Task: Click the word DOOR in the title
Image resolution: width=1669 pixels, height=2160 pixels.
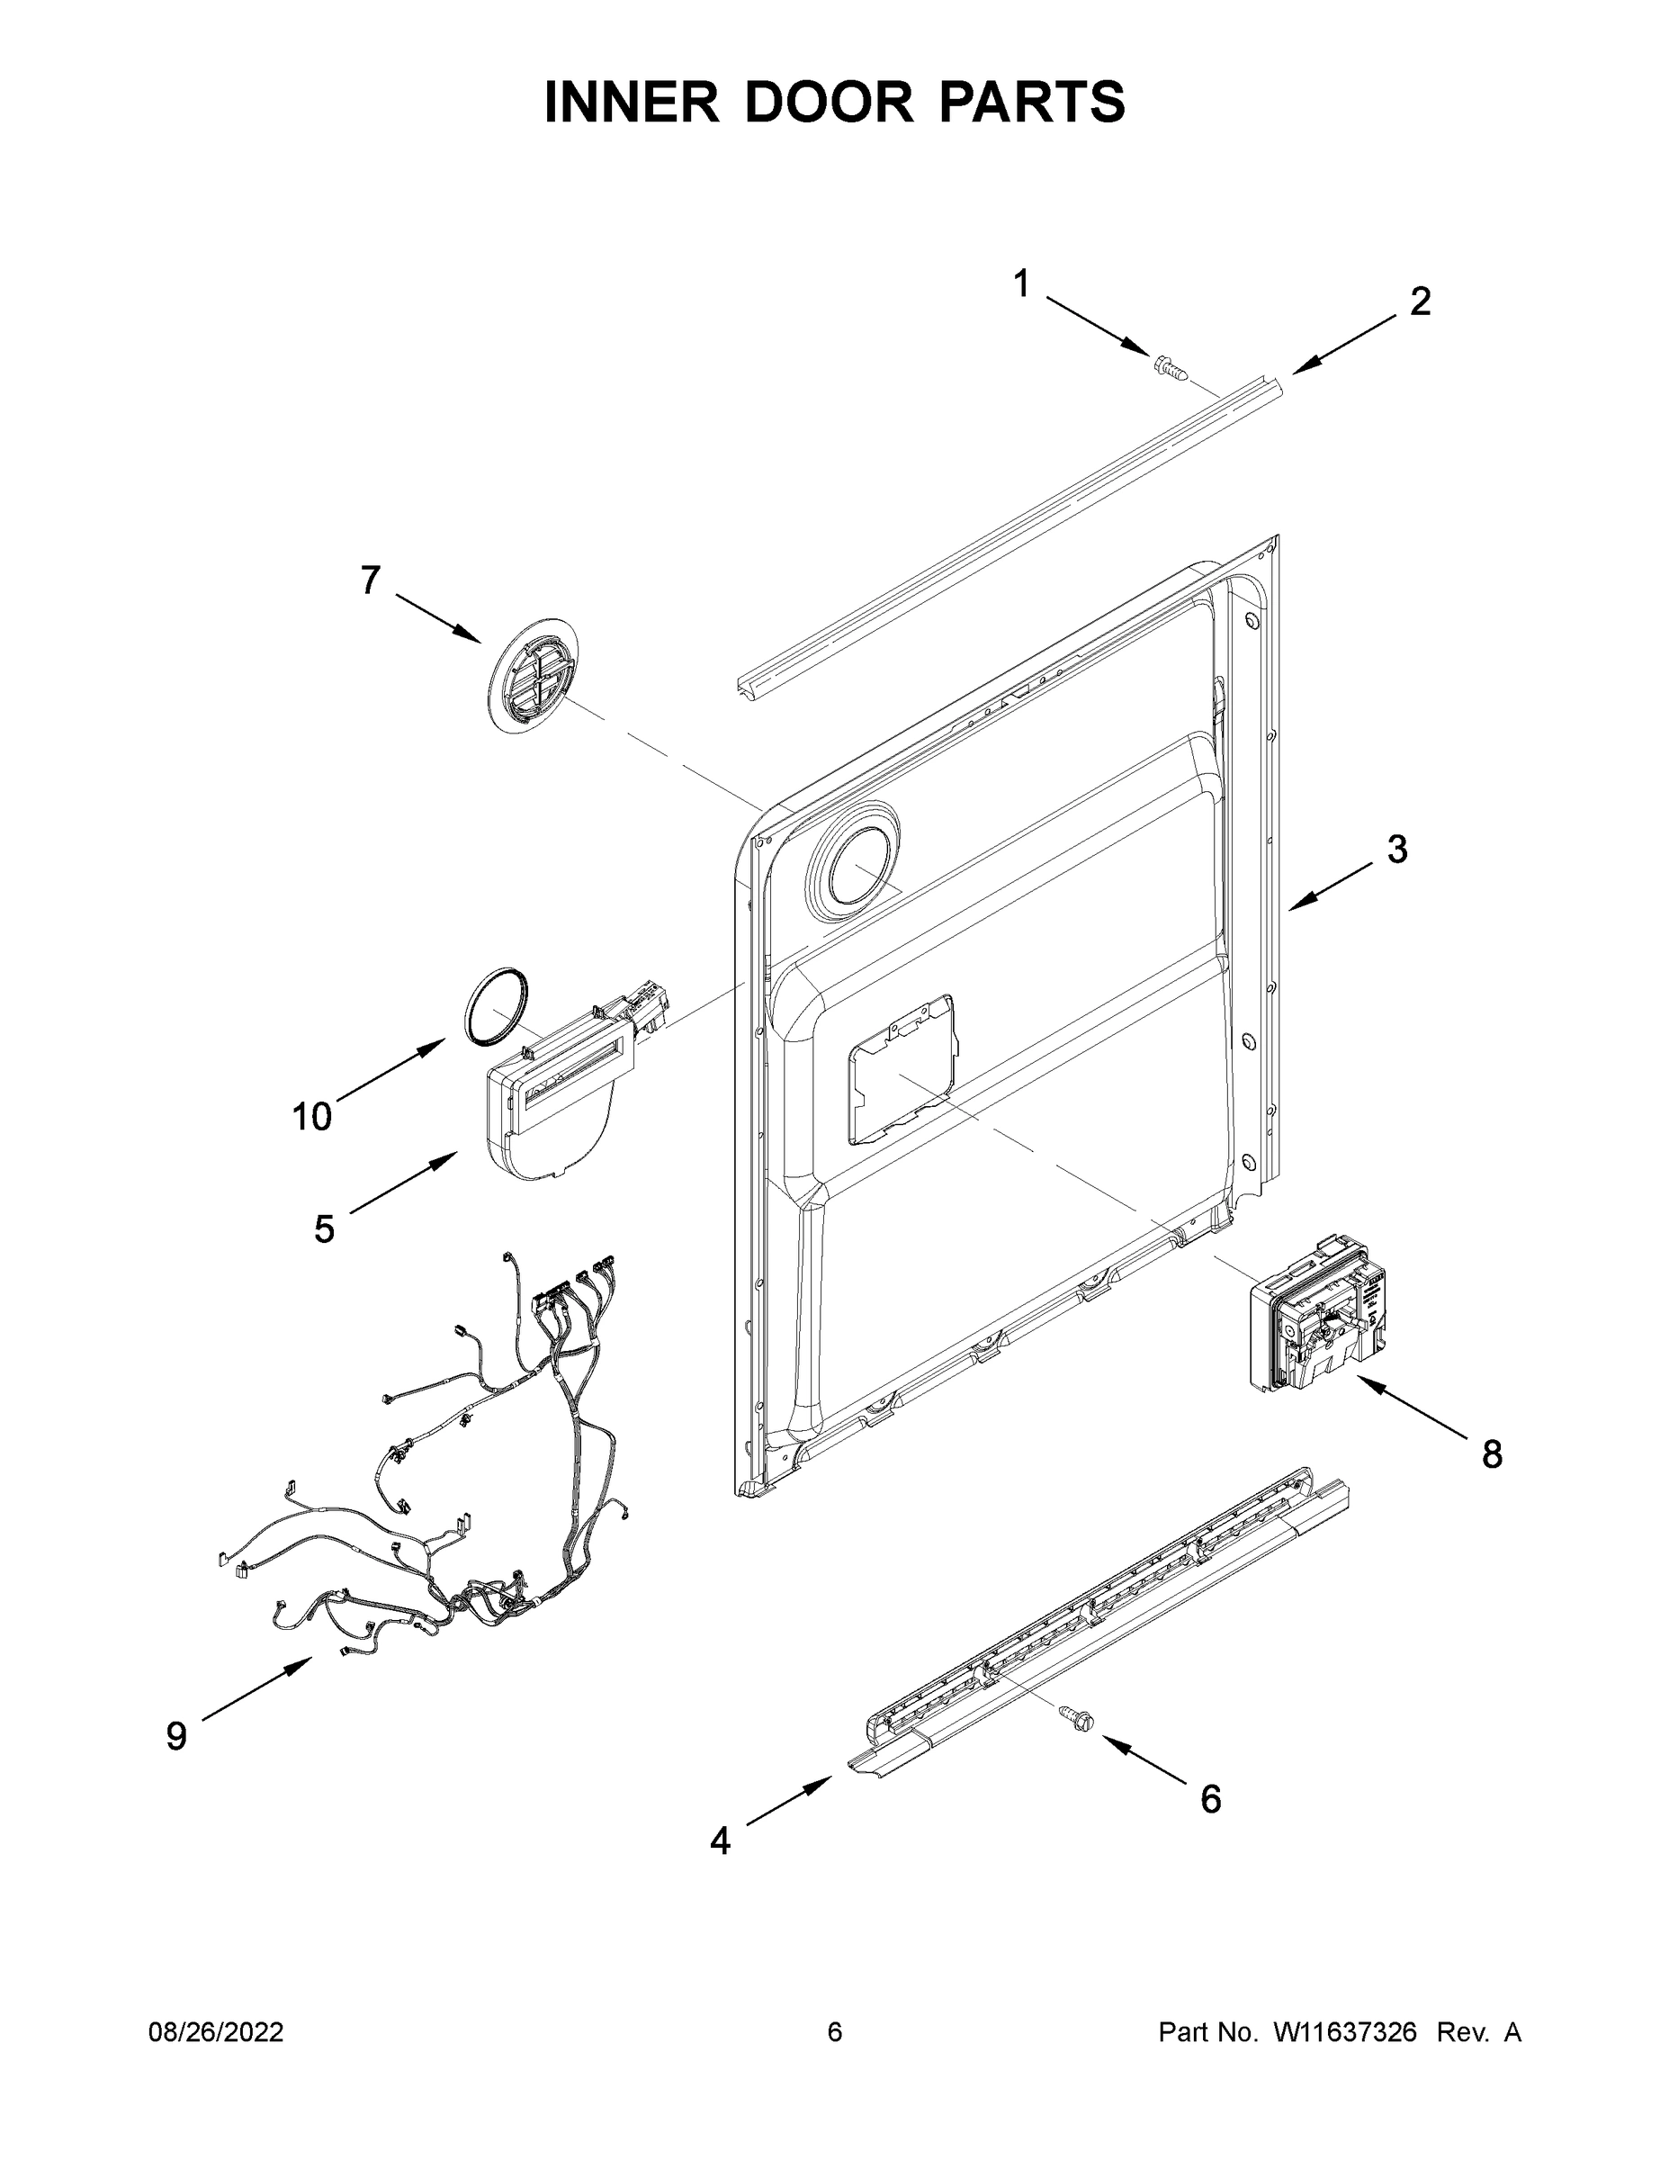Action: [x=829, y=103]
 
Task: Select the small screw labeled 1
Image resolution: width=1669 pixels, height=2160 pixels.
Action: [x=1169, y=370]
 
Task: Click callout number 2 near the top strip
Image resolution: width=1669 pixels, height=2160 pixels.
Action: [x=1420, y=301]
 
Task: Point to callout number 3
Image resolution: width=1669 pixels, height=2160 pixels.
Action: [x=1396, y=849]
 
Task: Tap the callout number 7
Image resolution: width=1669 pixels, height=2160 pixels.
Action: [x=370, y=580]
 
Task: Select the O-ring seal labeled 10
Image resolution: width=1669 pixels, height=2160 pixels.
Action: [x=497, y=1004]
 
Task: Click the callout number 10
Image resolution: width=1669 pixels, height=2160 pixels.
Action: [x=311, y=1117]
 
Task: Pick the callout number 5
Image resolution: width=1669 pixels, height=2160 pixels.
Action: [x=324, y=1229]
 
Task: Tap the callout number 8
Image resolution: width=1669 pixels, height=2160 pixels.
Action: [x=1492, y=1453]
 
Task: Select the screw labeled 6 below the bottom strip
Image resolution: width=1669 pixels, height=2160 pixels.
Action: [x=1078, y=1718]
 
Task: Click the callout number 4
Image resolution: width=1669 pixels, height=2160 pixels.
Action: [x=721, y=1840]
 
